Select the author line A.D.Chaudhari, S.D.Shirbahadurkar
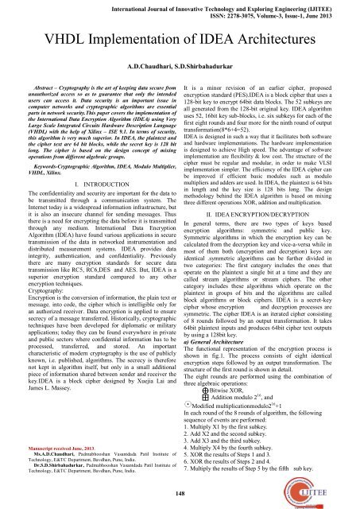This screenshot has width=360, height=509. click(179, 60)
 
